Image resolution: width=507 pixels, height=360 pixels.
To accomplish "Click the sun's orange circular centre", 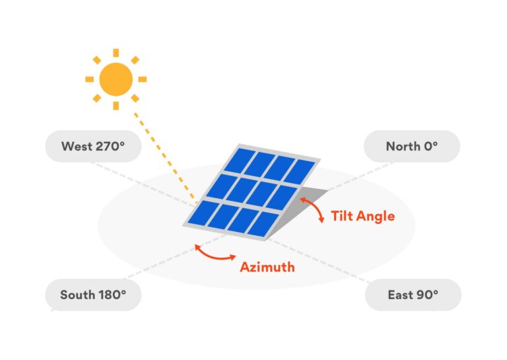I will [116, 79].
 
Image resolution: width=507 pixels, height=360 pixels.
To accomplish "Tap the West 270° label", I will [93, 146].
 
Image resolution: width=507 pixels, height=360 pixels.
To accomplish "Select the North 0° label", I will [412, 146].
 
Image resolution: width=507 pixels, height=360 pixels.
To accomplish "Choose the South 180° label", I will [93, 295].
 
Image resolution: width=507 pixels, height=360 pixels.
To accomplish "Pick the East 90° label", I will [413, 295].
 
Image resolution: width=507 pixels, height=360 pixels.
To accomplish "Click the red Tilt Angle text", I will [362, 216].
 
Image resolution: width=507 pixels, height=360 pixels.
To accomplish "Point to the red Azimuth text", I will [267, 268].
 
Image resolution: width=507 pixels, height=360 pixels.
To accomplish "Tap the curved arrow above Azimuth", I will [215, 254].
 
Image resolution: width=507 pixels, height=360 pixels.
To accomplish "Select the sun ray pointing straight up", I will [116, 53].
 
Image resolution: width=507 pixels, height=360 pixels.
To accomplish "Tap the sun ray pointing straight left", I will [89, 79].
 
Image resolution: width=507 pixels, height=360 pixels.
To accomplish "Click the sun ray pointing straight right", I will [142, 79].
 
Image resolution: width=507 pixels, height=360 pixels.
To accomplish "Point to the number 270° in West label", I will [109, 146].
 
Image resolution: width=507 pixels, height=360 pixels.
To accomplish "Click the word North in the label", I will [401, 146].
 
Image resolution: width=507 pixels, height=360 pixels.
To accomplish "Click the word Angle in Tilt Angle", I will [376, 216].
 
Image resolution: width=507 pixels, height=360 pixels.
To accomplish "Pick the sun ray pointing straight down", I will [116, 106].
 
